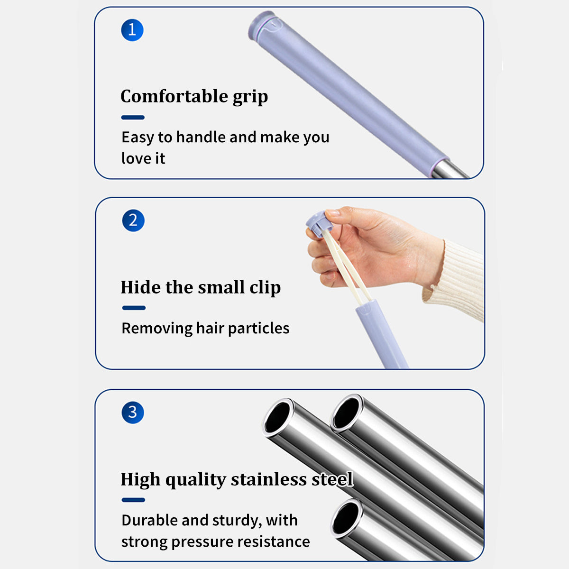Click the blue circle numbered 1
[x=132, y=30]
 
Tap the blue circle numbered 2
[x=133, y=220]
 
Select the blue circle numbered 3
[x=133, y=413]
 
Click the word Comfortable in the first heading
[x=174, y=96]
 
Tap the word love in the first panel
[x=135, y=158]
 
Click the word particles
[x=259, y=329]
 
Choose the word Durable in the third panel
[x=149, y=520]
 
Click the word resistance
[x=274, y=541]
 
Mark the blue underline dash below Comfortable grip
[x=133, y=117]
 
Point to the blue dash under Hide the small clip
[x=134, y=308]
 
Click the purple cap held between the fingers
[x=318, y=224]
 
